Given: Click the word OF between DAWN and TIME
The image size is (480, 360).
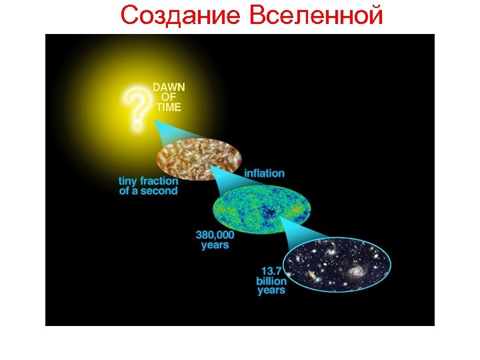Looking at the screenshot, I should click(x=167, y=97).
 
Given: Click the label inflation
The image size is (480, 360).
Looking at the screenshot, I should click(x=264, y=173).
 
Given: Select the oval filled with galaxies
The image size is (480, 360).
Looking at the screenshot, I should click(x=337, y=265).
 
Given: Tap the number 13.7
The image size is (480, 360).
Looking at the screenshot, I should click(x=271, y=271).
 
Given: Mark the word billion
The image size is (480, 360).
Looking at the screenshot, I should click(x=271, y=281).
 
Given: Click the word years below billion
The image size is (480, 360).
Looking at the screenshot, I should click(x=271, y=291).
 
